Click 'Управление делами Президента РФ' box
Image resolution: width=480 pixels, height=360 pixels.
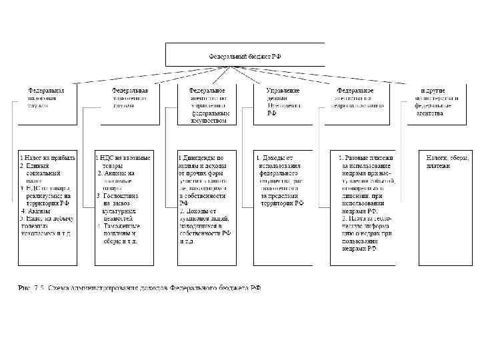coord(283,101)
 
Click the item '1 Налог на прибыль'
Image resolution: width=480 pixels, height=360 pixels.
coord(47,157)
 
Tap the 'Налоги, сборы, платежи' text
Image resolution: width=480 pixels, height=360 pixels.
coord(447,161)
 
